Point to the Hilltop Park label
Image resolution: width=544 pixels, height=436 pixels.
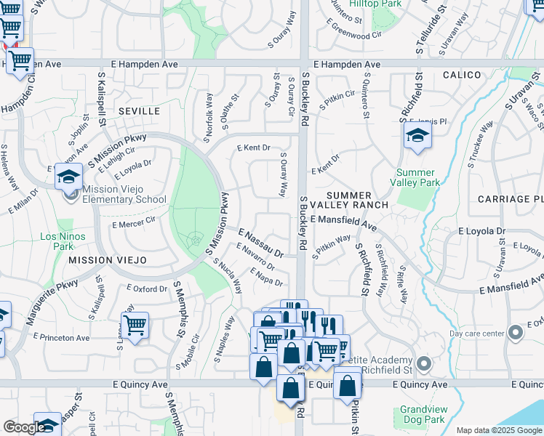click(x=375, y=4)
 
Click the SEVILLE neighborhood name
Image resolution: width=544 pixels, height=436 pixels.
click(x=139, y=110)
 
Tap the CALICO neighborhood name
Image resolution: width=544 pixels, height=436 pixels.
click(x=461, y=75)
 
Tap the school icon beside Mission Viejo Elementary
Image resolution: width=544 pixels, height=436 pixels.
click(x=68, y=177)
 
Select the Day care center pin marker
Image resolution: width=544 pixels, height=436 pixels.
click(x=516, y=333)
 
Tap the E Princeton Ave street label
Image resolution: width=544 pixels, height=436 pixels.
click(x=61, y=337)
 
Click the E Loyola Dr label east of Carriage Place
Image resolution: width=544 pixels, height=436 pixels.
click(x=481, y=231)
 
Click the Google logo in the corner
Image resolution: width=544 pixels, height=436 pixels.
click(x=24, y=427)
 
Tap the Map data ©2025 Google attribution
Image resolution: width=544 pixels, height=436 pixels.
click(x=499, y=430)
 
